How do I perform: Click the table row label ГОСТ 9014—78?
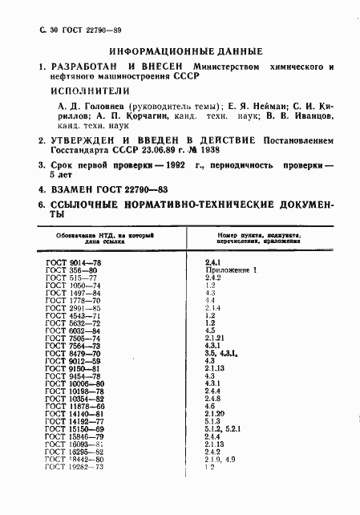coord(73,262)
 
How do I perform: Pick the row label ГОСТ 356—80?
coord(71,270)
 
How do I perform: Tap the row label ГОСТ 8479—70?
coord(73,353)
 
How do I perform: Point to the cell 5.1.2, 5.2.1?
coord(225,428)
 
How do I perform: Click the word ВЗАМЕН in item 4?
coord(67,189)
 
